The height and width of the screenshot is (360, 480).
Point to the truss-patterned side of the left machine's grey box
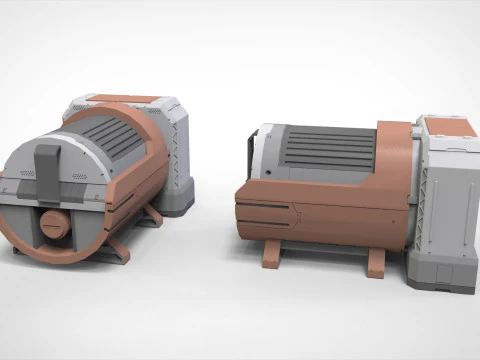point(178,150)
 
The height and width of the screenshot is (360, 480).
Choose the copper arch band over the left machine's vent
point(140,150)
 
